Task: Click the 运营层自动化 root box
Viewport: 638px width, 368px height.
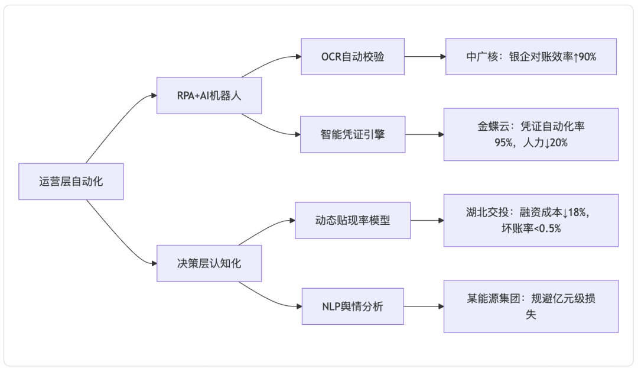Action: pos(71,182)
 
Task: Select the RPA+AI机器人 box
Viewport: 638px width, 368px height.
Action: pos(209,95)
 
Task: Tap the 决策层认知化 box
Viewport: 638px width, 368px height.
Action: pos(209,263)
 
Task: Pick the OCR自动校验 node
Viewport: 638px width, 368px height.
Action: pos(353,57)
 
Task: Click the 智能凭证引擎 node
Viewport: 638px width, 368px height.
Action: pos(353,134)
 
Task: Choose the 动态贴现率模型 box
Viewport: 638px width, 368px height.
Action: pos(353,221)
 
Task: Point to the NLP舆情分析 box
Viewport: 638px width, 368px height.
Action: pos(353,306)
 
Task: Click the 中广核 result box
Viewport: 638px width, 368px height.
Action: pos(531,57)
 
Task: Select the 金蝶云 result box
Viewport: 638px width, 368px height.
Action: pos(531,134)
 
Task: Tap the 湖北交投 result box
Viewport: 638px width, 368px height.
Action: pos(531,221)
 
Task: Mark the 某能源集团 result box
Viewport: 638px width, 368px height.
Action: pos(531,306)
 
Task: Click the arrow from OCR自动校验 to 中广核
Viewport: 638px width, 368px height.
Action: pos(425,57)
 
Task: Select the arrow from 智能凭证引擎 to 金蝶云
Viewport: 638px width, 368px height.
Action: pos(424,134)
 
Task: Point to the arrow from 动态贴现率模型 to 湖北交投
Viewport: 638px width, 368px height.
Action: pos(427,221)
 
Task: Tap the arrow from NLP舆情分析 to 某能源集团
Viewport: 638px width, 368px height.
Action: pos(424,306)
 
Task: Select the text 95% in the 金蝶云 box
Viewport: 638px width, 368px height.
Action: pos(503,143)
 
